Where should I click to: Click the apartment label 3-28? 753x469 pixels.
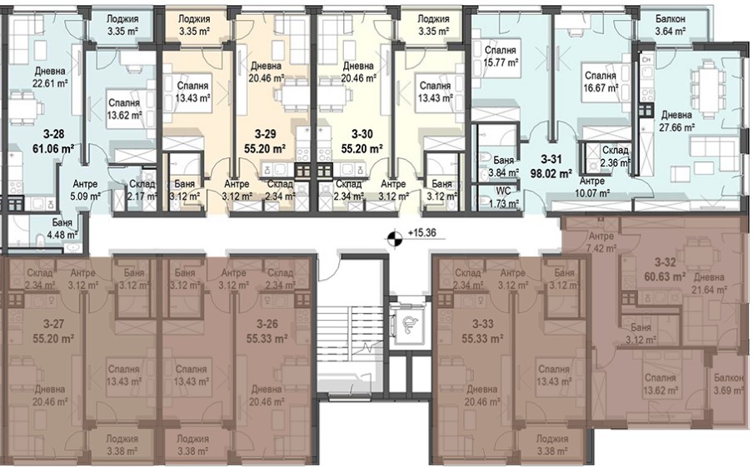(52, 134)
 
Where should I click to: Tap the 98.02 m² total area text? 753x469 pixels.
(551, 173)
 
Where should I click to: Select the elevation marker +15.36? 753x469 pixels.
(421, 233)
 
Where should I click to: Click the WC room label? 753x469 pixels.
(504, 191)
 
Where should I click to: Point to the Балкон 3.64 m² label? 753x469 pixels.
(671, 26)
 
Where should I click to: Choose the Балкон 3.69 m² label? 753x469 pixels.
(729, 384)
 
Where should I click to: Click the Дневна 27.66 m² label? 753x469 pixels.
(676, 121)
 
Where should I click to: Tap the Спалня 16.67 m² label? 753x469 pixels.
(601, 82)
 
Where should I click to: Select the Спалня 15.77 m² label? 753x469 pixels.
(501, 56)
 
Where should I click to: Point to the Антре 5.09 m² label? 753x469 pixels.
(85, 190)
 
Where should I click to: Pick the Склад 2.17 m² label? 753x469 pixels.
(142, 190)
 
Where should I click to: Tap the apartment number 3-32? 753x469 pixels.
(666, 262)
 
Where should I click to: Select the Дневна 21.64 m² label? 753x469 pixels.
(710, 283)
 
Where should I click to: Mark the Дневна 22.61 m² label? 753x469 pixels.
(50, 77)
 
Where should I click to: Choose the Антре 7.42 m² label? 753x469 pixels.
(601, 242)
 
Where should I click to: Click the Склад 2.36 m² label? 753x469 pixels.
(616, 156)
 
